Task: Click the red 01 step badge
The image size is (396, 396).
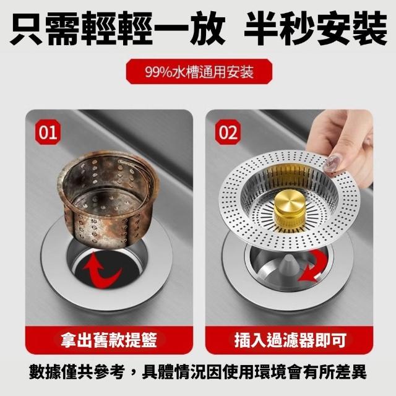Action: pyautogui.click(x=48, y=132)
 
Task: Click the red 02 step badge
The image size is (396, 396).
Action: pyautogui.click(x=228, y=132)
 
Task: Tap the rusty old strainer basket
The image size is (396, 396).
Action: pyautogui.click(x=109, y=199)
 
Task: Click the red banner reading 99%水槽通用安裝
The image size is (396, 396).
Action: pyautogui.click(x=199, y=72)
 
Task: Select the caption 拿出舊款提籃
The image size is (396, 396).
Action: pyautogui.click(x=109, y=340)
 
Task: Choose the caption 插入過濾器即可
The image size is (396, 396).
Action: pyautogui.click(x=290, y=340)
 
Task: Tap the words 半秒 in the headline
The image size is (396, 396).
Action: pyautogui.click(x=279, y=28)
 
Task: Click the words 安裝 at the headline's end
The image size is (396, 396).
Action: pyautogui.click(x=351, y=28)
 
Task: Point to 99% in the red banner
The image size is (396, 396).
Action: pyautogui.click(x=157, y=72)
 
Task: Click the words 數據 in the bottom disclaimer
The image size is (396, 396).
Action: pyautogui.click(x=45, y=371)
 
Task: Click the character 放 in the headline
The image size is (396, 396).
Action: pyautogui.click(x=207, y=28)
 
